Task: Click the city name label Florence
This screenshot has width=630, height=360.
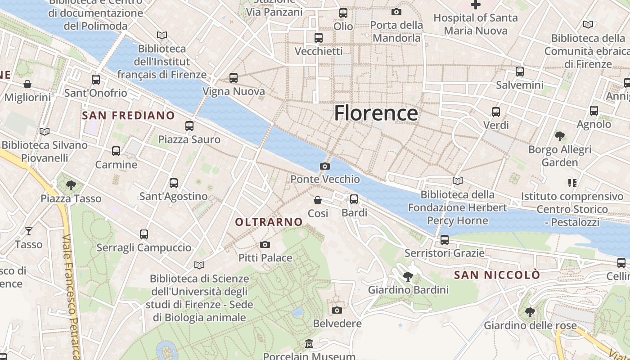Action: click(x=376, y=113)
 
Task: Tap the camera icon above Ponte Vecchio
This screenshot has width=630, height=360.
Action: click(x=324, y=166)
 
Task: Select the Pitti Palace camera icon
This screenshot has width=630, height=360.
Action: click(x=265, y=245)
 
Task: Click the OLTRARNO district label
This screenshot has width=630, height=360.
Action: click(x=269, y=222)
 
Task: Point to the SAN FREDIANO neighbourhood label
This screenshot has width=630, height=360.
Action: click(x=128, y=116)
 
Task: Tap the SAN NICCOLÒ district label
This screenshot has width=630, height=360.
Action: click(x=497, y=275)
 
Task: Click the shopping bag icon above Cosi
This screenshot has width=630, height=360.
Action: click(x=318, y=200)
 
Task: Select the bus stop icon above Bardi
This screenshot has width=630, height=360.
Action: click(x=354, y=199)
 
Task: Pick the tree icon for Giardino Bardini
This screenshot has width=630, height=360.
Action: click(x=408, y=276)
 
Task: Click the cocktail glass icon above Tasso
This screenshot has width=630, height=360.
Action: click(x=29, y=231)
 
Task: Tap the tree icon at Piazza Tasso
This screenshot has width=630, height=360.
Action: click(x=71, y=185)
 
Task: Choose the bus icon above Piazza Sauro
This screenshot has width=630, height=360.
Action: click(x=189, y=126)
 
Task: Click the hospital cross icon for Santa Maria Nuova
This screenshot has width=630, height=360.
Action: click(x=476, y=5)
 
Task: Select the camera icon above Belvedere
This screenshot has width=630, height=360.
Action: click(x=337, y=310)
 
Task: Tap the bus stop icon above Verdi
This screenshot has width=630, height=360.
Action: click(x=495, y=112)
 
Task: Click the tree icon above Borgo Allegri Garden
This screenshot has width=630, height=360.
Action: click(x=560, y=136)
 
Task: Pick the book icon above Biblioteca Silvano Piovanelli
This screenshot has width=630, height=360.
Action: click(x=44, y=132)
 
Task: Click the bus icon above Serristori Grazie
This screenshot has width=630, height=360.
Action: click(x=445, y=240)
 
